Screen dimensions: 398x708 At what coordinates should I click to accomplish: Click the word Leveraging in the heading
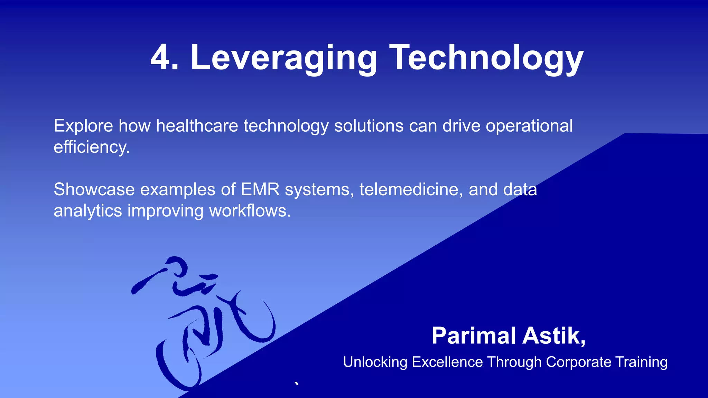[x=283, y=58]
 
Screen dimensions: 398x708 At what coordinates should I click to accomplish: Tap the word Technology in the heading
[x=486, y=58]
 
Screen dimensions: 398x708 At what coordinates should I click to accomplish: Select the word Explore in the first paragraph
[x=83, y=126]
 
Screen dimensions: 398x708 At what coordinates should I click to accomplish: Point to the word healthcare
[x=197, y=126]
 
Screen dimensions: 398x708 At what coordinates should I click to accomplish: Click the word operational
[x=529, y=126]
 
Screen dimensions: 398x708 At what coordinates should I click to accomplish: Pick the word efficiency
[x=91, y=147]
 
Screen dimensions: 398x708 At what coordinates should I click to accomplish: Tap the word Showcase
[x=94, y=189]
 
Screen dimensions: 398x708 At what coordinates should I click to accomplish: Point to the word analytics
[x=87, y=211]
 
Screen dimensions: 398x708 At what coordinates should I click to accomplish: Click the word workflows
[x=250, y=211]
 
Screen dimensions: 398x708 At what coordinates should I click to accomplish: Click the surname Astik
[x=553, y=336]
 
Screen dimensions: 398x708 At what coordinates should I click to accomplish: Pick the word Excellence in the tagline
[x=447, y=362]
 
